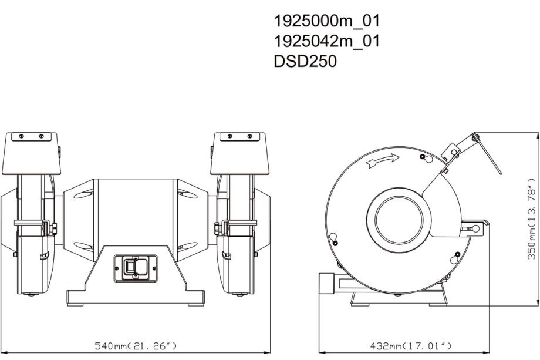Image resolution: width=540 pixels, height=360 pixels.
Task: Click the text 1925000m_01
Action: point(326,21)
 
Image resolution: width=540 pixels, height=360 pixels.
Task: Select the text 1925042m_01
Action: point(326,41)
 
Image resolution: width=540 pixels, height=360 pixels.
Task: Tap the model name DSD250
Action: point(305,61)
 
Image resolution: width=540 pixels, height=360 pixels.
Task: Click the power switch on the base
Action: point(136,268)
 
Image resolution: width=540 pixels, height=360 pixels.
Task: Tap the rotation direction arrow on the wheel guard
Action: point(383,160)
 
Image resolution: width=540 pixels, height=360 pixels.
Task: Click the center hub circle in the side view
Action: point(399,220)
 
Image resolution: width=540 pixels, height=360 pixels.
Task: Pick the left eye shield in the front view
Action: point(31,154)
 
